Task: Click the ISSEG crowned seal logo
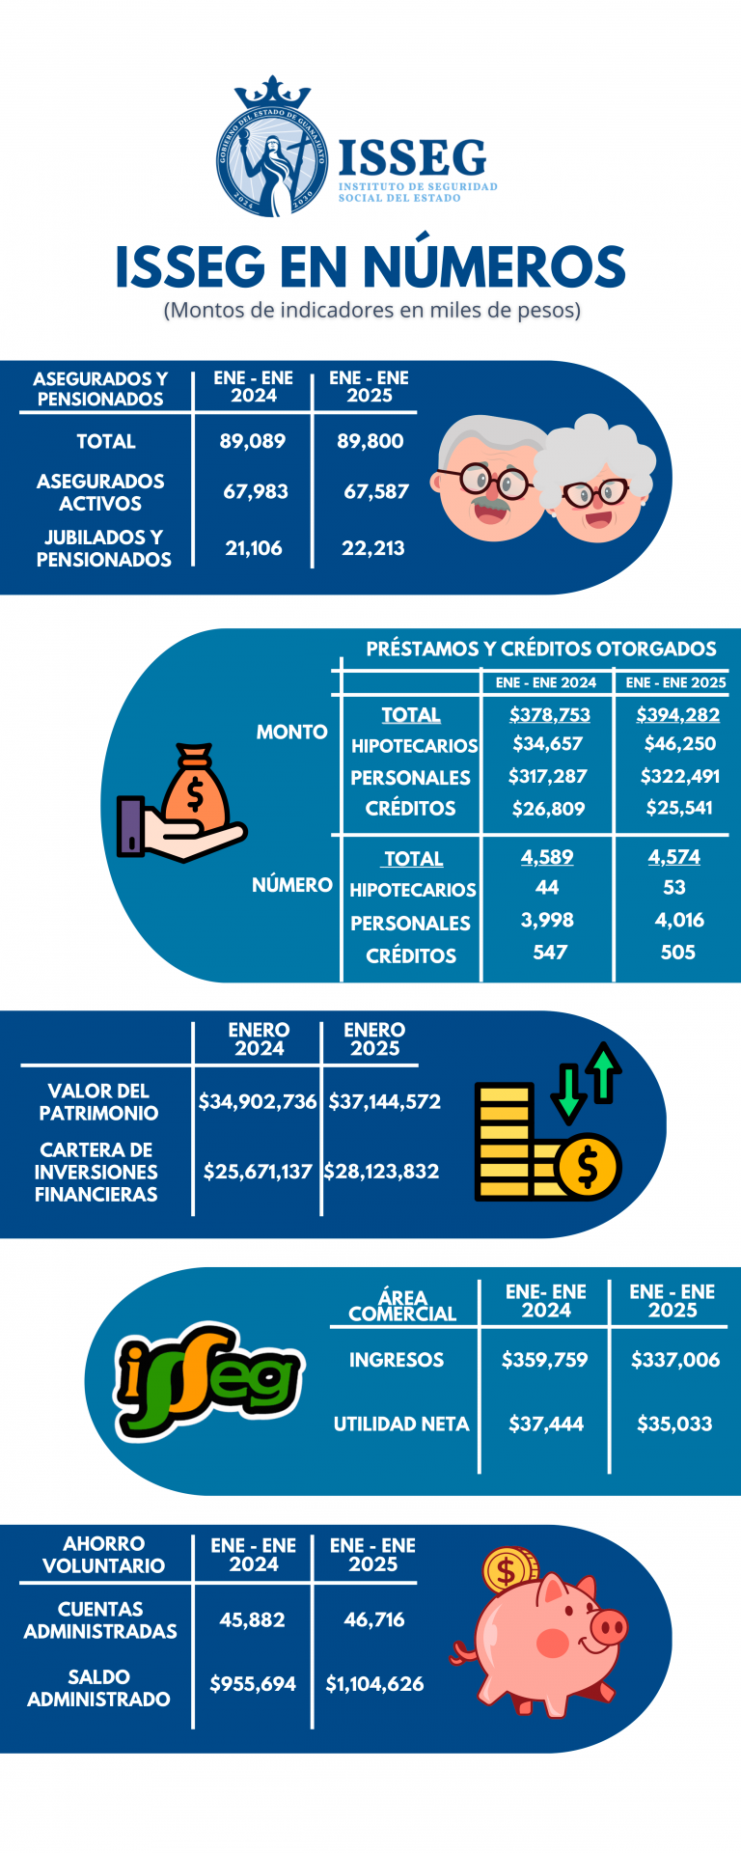tap(272, 150)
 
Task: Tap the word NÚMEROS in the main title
tap(494, 266)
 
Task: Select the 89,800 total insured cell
tap(370, 441)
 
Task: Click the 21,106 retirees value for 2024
tap(254, 548)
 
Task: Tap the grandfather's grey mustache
tap(489, 504)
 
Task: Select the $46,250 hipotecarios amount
tap(679, 744)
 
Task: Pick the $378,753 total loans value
tap(549, 715)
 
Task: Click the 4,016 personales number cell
tap(679, 920)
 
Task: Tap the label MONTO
tap(291, 732)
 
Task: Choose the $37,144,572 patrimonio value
tap(384, 1101)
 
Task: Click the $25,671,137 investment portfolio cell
tap(258, 1172)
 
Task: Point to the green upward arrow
tap(604, 1071)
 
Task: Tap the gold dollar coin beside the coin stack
tap(587, 1167)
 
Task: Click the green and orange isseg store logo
tap(207, 1380)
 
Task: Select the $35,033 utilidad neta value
tap(674, 1424)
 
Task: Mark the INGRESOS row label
tap(396, 1360)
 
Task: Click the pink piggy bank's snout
tap(609, 1628)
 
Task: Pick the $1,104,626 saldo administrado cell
tap(374, 1684)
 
